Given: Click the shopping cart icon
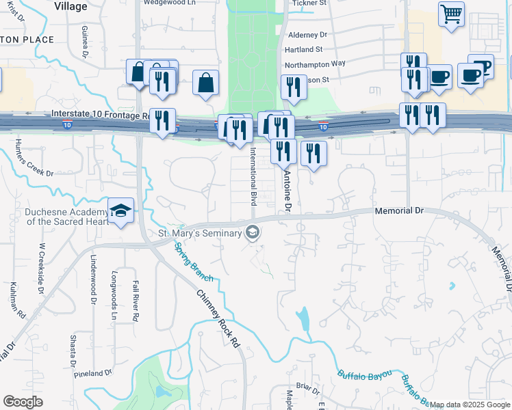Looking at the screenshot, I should pos(451,14).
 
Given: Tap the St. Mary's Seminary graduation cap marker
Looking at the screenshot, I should pos(253,233).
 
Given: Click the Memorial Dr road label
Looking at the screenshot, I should pos(400,211).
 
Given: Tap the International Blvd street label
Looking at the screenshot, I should pos(253,176).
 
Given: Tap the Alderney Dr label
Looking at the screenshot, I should pos(307,34).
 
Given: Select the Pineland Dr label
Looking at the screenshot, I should pos(93,373).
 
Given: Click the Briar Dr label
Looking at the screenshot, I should pos(307,390).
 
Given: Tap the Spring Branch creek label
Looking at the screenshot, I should pos(194,262).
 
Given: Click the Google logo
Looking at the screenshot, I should pos(23,402).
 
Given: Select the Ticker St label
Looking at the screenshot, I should pos(309,3).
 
